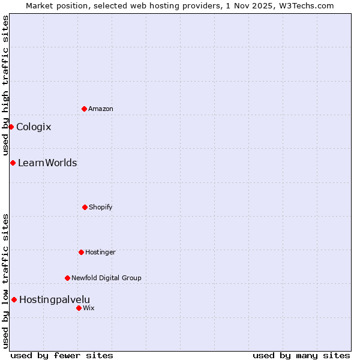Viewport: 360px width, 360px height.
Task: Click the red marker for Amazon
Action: coord(84,109)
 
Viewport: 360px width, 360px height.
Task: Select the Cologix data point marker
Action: coord(11,127)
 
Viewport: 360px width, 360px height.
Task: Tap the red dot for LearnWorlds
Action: coord(13,163)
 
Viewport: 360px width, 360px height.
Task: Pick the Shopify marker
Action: coord(85,207)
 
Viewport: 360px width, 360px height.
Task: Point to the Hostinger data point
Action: coord(81,252)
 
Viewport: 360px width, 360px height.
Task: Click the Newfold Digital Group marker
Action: coord(67,278)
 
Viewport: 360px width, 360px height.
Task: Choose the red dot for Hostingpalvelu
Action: coord(14,299)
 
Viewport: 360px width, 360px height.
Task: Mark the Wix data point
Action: coord(79,308)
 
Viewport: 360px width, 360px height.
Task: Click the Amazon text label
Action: coord(101,109)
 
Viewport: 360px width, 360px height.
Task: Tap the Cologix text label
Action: coord(34,127)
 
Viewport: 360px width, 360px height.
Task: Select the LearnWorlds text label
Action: coord(47,163)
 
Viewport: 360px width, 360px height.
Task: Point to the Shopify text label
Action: coord(101,207)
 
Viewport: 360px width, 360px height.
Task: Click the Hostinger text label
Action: coord(100,252)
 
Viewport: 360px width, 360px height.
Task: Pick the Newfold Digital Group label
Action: coord(106,278)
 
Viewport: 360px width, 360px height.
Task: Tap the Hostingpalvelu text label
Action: coord(55,299)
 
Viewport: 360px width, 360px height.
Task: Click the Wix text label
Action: coord(89,308)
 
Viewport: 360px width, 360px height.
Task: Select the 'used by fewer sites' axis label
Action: coord(62,355)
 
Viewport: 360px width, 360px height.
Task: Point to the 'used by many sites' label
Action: coord(301,355)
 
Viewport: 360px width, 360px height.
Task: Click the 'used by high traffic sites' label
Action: coord(5,85)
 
